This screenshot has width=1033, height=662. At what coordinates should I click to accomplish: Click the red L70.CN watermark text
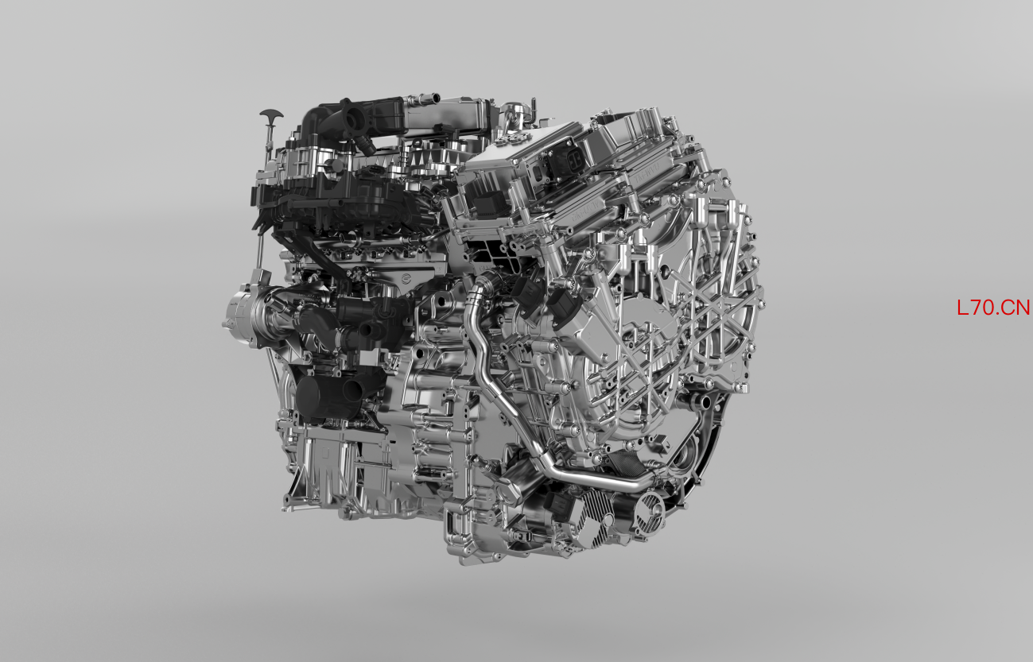pos(993,308)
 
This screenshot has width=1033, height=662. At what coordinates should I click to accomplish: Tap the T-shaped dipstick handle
pos(272,114)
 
